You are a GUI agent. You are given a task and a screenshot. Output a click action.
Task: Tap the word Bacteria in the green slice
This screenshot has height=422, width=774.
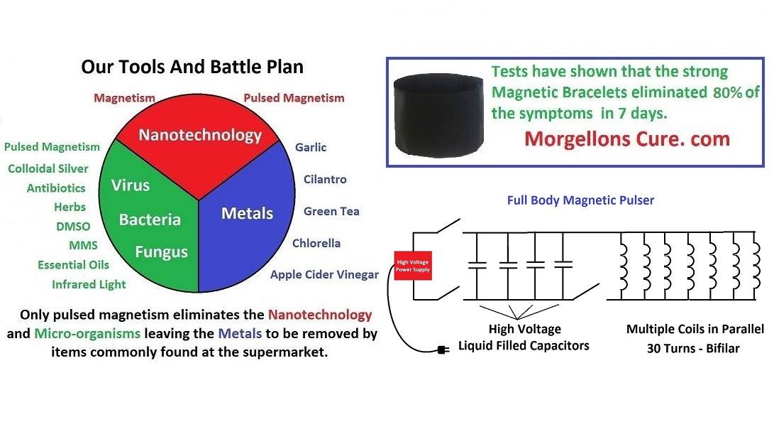pyautogui.click(x=150, y=220)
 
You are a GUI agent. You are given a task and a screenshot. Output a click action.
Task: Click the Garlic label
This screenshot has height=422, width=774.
pyautogui.click(x=311, y=147)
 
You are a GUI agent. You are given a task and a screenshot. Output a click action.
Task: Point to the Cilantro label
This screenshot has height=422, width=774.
pyautogui.click(x=325, y=179)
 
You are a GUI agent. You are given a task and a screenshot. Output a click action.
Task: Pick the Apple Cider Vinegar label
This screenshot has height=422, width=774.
pyautogui.click(x=324, y=274)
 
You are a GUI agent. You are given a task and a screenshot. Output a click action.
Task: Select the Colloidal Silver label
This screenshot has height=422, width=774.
pyautogui.click(x=48, y=168)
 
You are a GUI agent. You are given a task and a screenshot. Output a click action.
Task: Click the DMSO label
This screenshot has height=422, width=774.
pyautogui.click(x=74, y=227)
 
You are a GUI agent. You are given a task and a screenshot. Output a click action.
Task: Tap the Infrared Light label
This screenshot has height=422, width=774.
pyautogui.click(x=89, y=284)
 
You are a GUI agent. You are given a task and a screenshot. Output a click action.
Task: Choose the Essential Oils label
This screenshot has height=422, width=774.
pyautogui.click(x=74, y=265)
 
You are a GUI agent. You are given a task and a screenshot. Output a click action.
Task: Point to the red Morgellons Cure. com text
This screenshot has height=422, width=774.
pyautogui.click(x=627, y=139)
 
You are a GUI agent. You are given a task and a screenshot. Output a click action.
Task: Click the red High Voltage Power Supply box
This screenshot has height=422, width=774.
pyautogui.click(x=413, y=266)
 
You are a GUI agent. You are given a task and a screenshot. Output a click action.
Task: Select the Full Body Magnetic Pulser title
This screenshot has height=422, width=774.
pyautogui.click(x=580, y=200)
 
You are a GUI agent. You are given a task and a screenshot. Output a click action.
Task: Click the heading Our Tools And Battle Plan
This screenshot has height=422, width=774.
pyautogui.click(x=192, y=67)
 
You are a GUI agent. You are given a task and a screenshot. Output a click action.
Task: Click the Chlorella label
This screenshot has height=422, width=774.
pyautogui.click(x=316, y=243)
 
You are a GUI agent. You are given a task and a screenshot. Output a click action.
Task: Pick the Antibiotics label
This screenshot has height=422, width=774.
pyautogui.click(x=56, y=188)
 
